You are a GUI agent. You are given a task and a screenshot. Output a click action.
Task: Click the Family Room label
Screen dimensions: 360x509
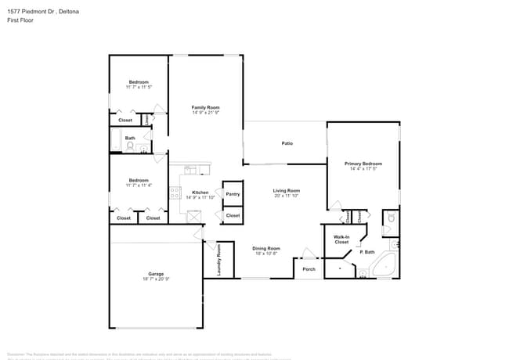[x=206, y=107]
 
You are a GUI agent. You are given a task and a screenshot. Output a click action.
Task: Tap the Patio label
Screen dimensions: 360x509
[x=287, y=143]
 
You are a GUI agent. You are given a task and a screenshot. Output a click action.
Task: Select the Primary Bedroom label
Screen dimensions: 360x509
[x=363, y=164]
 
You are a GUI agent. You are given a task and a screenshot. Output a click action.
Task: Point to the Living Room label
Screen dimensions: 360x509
[x=287, y=190]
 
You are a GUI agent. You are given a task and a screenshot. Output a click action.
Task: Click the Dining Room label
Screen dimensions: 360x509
[x=266, y=248]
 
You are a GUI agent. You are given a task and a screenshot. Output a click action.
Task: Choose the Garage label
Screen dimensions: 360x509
[x=156, y=274]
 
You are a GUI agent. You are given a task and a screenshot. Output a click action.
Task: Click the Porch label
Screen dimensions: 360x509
[x=309, y=270]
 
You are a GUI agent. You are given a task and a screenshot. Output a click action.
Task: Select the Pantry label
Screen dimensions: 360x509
[x=233, y=194]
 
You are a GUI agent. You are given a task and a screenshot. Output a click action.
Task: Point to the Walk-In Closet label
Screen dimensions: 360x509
[x=341, y=239]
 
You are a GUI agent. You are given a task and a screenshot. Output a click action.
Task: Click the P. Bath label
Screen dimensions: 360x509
[x=366, y=252]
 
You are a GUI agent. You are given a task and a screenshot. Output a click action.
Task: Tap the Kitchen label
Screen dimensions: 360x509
[x=200, y=193]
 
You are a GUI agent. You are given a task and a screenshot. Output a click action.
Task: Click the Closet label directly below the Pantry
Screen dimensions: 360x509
[x=233, y=215]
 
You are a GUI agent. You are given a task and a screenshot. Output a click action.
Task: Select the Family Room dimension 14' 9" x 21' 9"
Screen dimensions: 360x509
[x=206, y=113]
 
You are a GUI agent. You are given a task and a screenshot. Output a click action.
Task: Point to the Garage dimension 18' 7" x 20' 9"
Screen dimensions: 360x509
[x=156, y=279]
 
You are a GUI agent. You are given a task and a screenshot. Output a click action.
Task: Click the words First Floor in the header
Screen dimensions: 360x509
[x=20, y=20]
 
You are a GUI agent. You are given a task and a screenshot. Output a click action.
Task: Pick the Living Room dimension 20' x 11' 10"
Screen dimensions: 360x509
[x=287, y=196]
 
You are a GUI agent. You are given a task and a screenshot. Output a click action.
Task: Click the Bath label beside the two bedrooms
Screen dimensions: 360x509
[x=130, y=139]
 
